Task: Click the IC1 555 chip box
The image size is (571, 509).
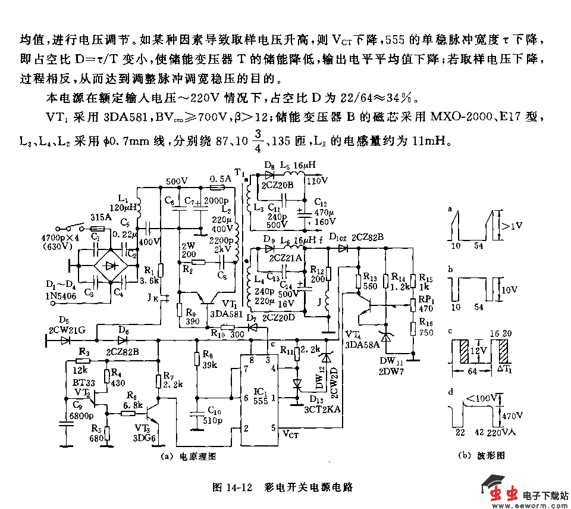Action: [x=260, y=399]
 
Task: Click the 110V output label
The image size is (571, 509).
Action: [x=316, y=180]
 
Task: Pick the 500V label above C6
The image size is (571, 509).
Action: [x=177, y=182]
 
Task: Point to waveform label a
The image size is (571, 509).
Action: [x=450, y=209]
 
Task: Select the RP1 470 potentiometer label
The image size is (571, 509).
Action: [x=425, y=304]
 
